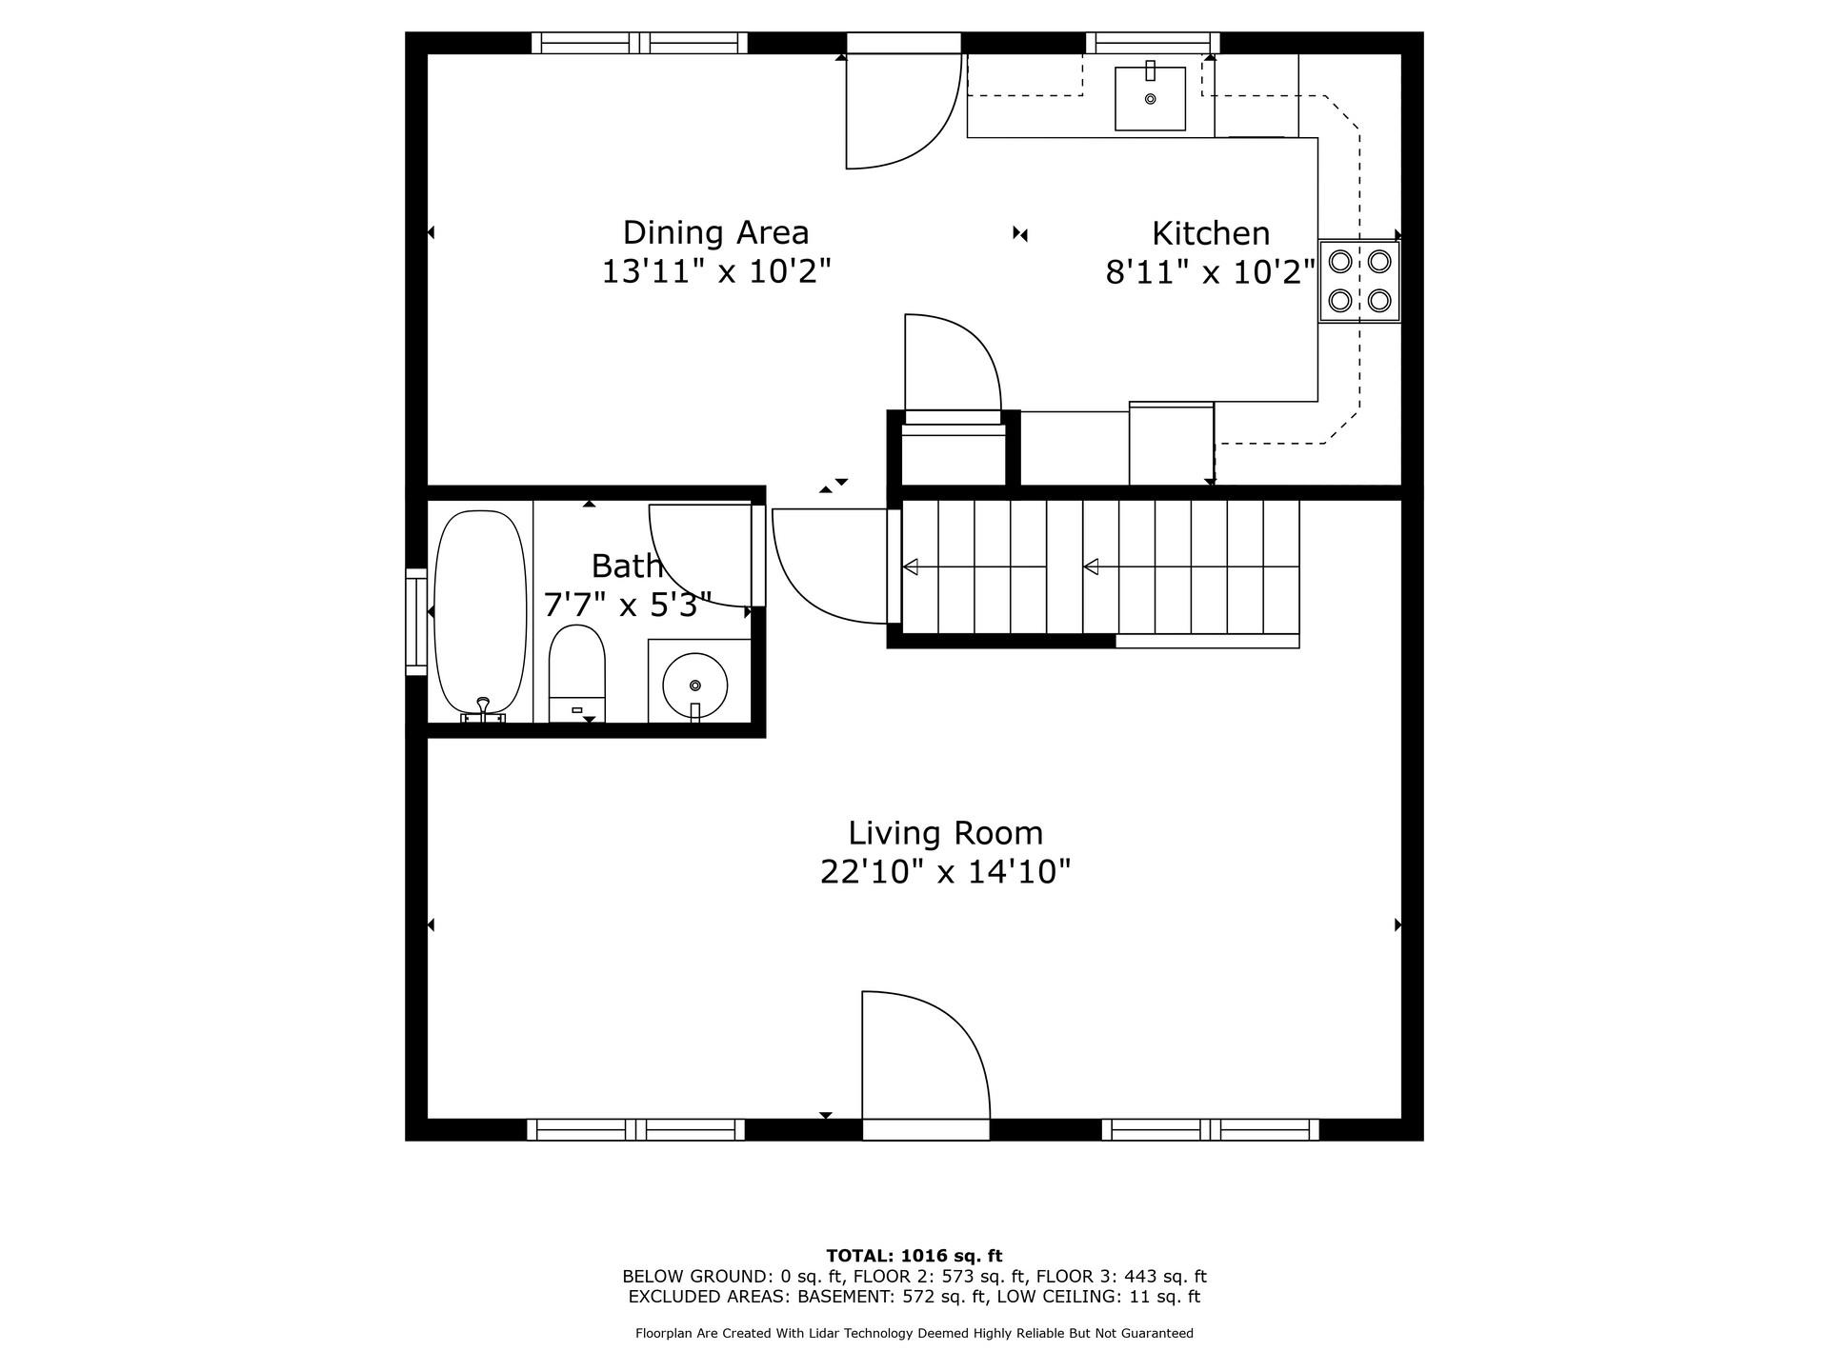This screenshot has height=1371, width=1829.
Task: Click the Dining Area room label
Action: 715,232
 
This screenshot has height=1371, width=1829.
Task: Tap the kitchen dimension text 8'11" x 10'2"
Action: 1210,273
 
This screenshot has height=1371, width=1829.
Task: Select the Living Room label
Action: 945,833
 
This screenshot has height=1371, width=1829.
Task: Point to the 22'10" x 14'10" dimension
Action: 945,872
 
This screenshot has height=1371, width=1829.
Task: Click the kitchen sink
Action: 1150,99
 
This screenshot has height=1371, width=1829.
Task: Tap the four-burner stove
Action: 1359,281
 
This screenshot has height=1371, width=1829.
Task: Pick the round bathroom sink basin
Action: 695,685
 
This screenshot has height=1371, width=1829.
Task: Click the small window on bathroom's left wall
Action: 416,622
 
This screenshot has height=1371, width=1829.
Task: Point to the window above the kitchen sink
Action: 1153,43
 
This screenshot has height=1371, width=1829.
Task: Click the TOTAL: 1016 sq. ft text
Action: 914,1256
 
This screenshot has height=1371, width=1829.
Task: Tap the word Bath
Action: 626,566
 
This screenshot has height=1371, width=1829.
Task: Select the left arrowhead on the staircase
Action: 911,567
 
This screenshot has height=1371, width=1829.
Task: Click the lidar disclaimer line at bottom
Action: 914,1334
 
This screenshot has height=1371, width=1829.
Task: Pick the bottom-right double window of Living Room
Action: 1211,1130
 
